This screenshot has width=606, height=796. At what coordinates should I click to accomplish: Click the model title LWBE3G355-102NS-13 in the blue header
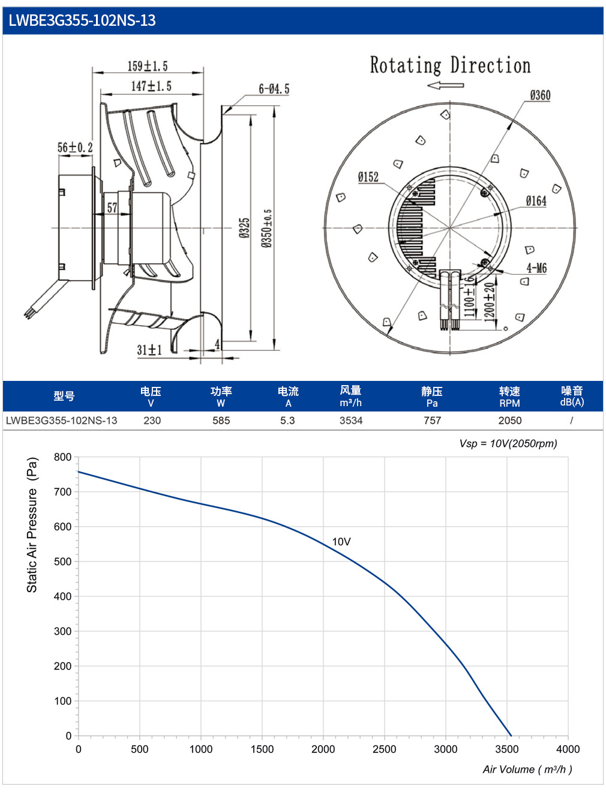tap(82, 20)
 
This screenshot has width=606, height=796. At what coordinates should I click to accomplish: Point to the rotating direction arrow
tap(445, 85)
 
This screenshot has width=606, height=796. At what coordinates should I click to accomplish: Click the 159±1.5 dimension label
tap(148, 66)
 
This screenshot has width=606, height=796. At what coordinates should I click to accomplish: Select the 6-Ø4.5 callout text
tap(274, 89)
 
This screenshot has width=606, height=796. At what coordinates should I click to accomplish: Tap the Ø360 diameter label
tap(540, 95)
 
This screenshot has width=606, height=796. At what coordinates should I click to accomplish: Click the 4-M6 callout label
tap(536, 268)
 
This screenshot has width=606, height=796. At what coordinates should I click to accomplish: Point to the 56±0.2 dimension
tap(75, 147)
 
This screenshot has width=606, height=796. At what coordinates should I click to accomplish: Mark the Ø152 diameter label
tap(368, 177)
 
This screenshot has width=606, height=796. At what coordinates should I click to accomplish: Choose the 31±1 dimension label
tap(149, 350)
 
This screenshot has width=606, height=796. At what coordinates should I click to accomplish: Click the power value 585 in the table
tap(221, 420)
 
